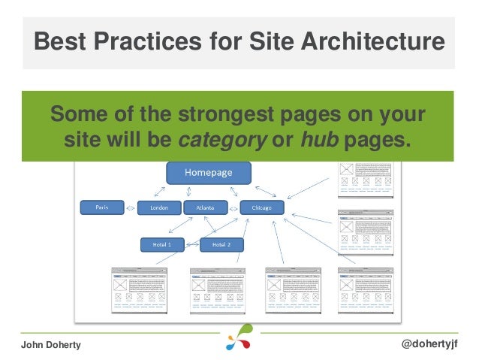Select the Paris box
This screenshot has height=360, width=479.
(x=102, y=207)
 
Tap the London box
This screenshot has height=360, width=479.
(x=159, y=207)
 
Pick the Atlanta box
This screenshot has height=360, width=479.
(x=205, y=207)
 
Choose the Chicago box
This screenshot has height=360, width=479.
(x=261, y=207)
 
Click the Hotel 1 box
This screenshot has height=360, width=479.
(x=163, y=244)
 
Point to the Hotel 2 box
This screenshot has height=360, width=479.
(x=221, y=244)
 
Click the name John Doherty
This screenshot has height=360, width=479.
(x=50, y=343)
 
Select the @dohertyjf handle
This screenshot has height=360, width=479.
(x=432, y=343)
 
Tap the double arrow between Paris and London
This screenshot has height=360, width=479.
(x=131, y=207)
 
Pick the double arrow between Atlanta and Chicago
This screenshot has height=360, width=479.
(x=233, y=207)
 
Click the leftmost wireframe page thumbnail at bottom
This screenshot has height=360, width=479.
(x=140, y=289)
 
